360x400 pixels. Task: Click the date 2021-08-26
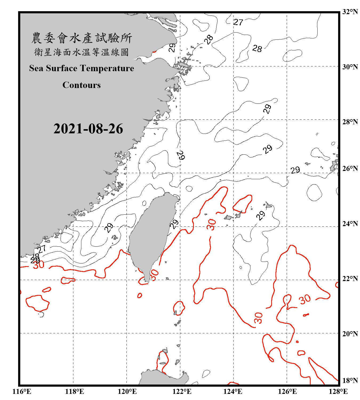pyautogui.click(x=88, y=129)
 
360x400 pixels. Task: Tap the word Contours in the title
pyautogui.click(x=82, y=85)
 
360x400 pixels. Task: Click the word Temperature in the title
pyautogui.click(x=107, y=68)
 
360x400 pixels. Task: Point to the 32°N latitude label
pyautogui.click(x=350, y=12)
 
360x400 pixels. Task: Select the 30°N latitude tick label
pyautogui.click(x=350, y=67)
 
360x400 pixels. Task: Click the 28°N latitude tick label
pyautogui.click(x=350, y=122)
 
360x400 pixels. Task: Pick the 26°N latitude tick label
pyautogui.click(x=350, y=169)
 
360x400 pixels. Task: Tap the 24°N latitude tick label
pyautogui.click(x=350, y=223)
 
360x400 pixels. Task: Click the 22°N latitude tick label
pyautogui.click(x=350, y=279)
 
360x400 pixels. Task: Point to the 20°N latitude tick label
pyautogui.click(x=350, y=334)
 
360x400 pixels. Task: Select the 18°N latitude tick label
pyautogui.click(x=350, y=381)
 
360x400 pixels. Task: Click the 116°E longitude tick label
pyautogui.click(x=22, y=391)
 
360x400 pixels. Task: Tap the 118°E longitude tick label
pyautogui.click(x=74, y=391)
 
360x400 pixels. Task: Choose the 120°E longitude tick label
pyautogui.click(x=127, y=391)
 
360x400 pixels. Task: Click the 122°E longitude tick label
pyautogui.click(x=182, y=391)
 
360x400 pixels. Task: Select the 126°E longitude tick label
pyautogui.click(x=287, y=391)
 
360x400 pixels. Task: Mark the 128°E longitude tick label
pyautogui.click(x=338, y=391)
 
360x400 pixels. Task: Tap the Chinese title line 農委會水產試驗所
pyautogui.click(x=82, y=38)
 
